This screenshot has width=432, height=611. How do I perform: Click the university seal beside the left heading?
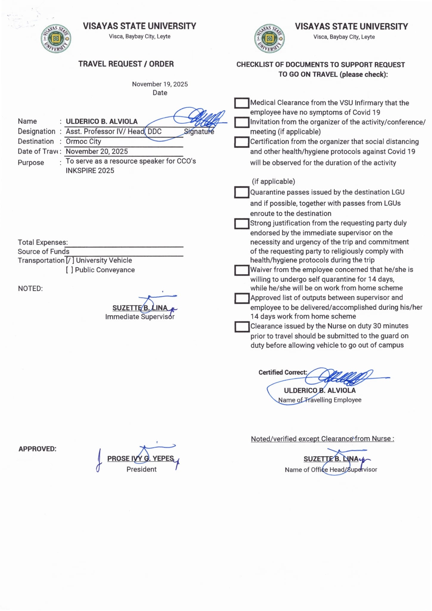point(56,38)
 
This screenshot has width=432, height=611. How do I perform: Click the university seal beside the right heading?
point(269,39)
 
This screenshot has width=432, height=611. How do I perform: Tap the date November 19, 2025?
point(160,84)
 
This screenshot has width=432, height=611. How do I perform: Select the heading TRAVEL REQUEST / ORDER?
point(126,64)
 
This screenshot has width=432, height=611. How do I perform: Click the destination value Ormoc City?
point(83,141)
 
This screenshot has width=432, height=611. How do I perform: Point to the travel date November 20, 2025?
point(97,151)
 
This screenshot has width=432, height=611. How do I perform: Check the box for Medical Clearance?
point(241,103)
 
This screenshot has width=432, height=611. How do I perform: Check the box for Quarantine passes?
point(241,192)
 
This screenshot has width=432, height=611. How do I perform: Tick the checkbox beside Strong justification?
point(241,224)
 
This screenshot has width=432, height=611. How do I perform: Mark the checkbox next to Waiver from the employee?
point(241,270)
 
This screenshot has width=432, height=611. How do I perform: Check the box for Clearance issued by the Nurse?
point(241,327)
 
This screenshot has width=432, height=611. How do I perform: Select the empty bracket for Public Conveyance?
point(69,270)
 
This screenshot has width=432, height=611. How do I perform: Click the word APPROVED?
point(37,449)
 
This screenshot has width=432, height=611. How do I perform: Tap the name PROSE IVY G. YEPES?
point(140,459)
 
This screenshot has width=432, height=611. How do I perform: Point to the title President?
point(141,469)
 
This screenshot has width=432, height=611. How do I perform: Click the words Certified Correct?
point(282,372)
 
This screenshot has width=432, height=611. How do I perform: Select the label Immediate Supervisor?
point(140,317)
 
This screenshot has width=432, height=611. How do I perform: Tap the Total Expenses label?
point(43,242)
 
